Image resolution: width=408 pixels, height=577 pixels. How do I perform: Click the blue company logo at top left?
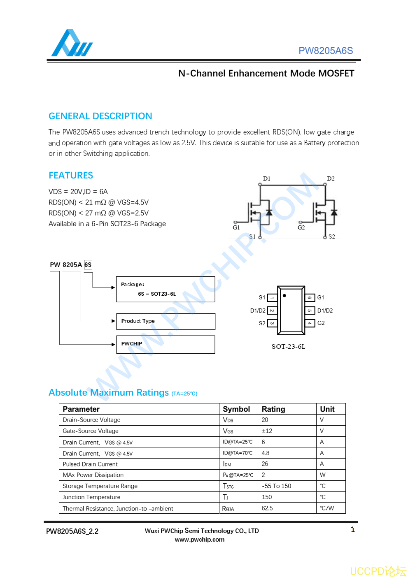point(71,43)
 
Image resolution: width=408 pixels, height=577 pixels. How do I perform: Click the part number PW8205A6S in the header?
point(325,51)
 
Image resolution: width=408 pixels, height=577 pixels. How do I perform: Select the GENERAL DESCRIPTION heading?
point(100,116)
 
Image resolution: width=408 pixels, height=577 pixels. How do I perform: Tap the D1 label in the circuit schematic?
point(266,178)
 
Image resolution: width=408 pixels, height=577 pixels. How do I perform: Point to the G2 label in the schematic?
point(301,227)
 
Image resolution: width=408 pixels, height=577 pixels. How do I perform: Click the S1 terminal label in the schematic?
point(252,236)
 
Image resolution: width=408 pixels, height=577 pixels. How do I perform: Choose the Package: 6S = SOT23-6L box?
point(166,290)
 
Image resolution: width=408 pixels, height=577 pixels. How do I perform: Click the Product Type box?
point(166,321)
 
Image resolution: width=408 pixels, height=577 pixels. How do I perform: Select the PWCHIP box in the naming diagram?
point(166,344)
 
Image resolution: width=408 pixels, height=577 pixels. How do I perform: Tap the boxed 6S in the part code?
point(88,264)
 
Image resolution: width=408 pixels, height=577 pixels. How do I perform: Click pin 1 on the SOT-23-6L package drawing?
point(272,297)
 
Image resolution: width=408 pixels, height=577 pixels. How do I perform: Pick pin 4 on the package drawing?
point(310,323)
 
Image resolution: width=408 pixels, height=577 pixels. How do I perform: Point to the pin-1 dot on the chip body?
point(284,295)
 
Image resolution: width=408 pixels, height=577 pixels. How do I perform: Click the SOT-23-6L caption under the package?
point(288,347)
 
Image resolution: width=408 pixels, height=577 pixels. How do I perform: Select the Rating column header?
point(273,409)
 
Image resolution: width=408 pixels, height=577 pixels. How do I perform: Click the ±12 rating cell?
point(267,431)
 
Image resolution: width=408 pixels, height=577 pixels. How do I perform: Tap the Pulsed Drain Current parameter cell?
point(90,464)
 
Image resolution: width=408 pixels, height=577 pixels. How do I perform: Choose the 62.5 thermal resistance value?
point(267,508)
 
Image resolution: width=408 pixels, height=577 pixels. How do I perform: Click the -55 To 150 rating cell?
point(276,486)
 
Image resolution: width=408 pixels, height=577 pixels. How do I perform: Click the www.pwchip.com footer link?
point(200,540)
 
